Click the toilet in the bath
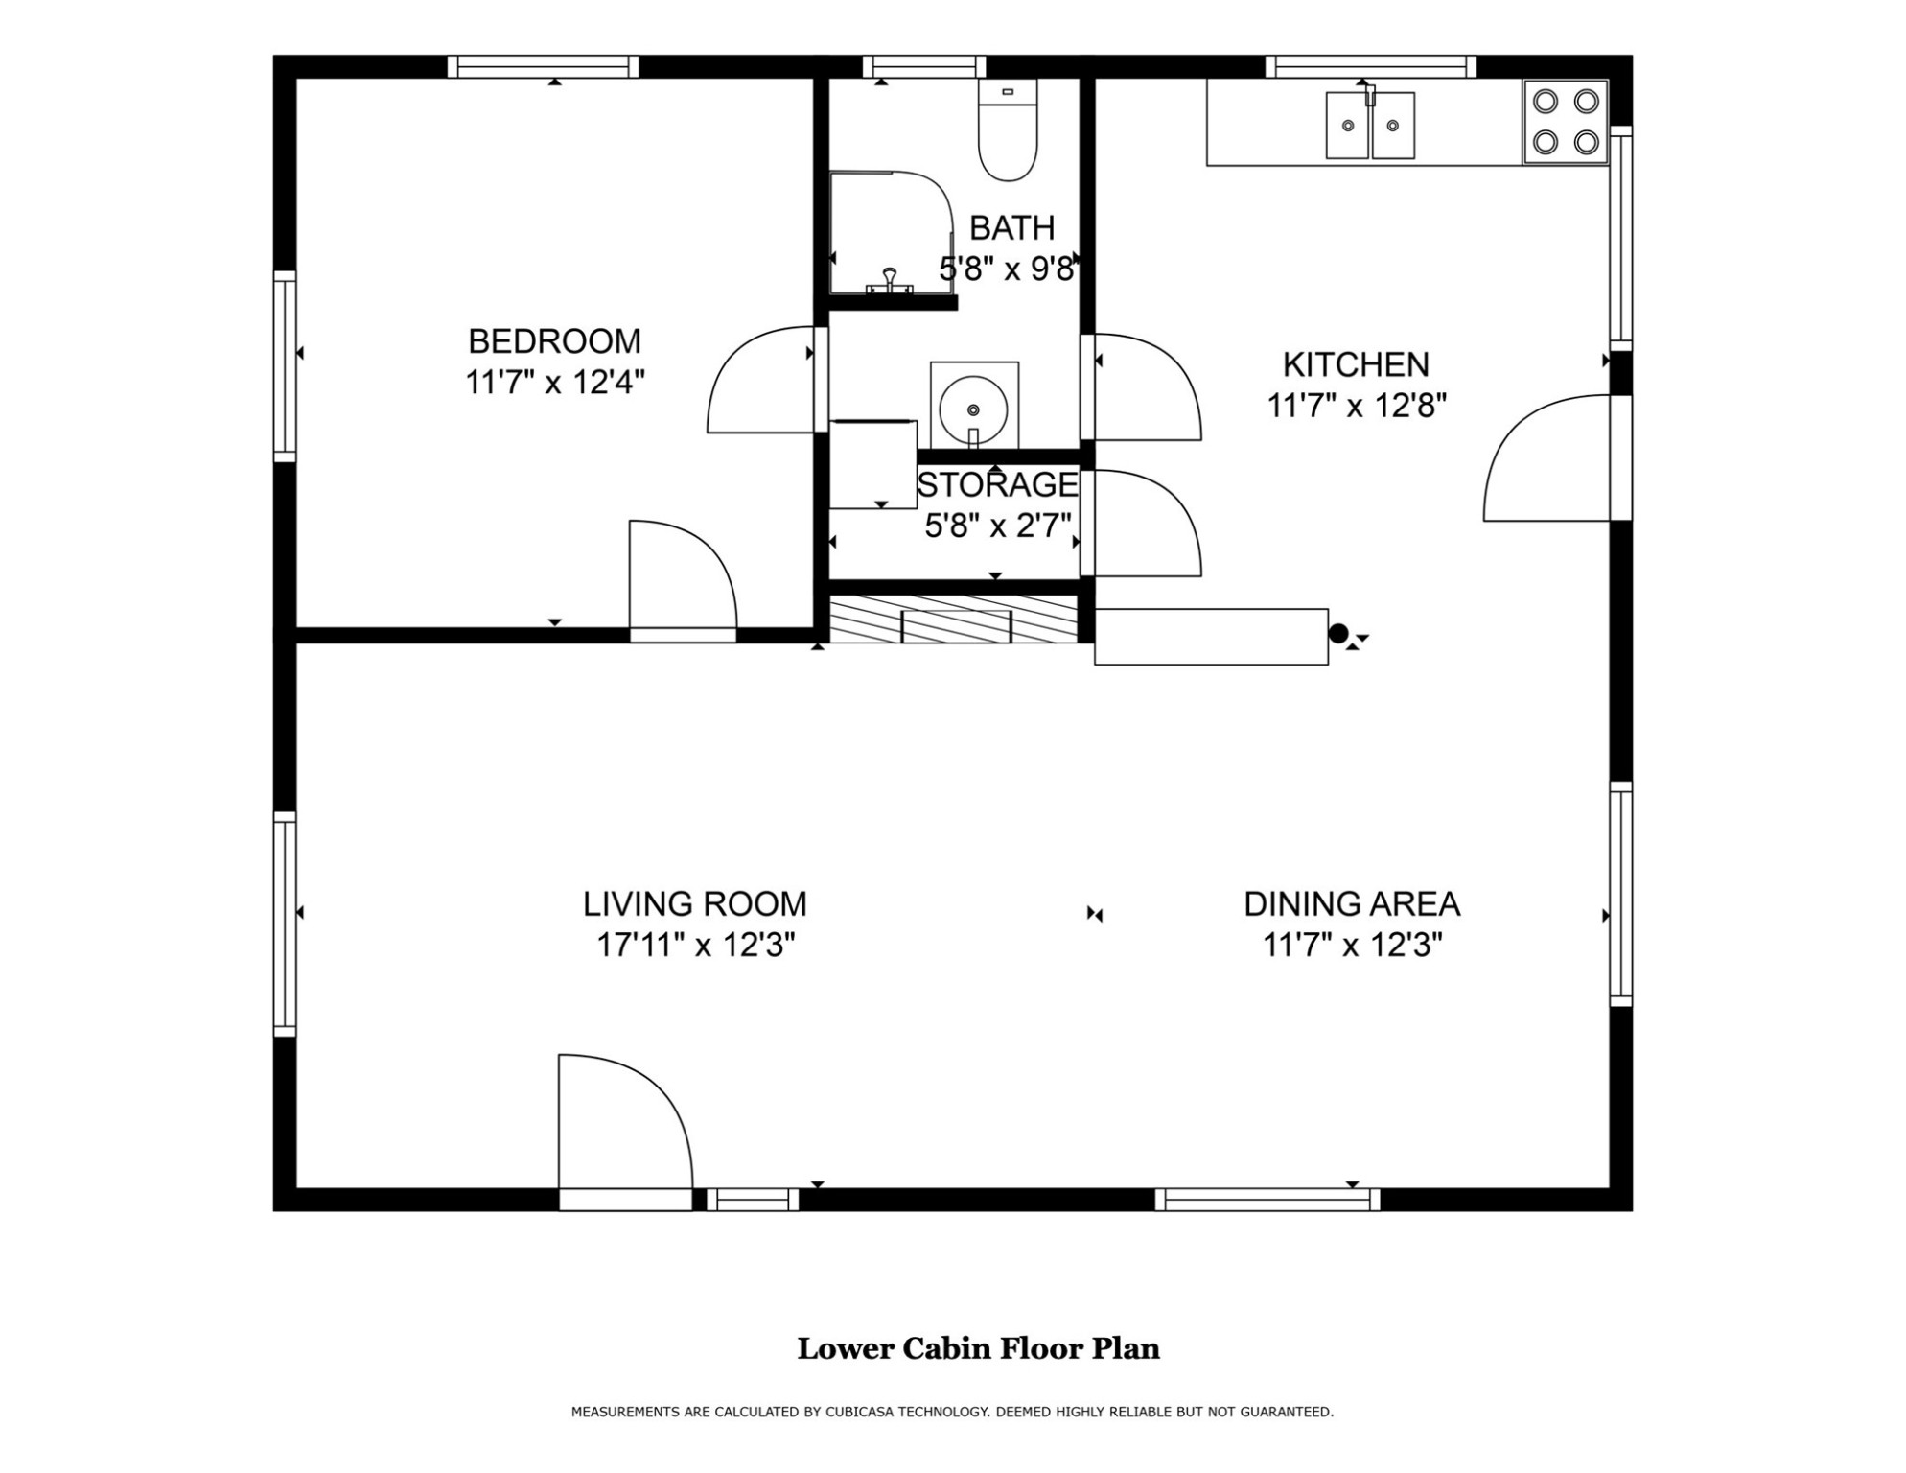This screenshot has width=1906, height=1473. [x=1007, y=133]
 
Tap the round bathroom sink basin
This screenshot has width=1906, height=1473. [x=973, y=409]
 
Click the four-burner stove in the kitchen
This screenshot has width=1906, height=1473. [x=1565, y=122]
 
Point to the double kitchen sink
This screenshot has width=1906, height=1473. [x=1370, y=125]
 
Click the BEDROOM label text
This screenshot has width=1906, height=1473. [x=554, y=341]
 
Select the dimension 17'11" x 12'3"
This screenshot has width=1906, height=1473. [x=696, y=946]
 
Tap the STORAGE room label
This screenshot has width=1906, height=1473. [x=997, y=485]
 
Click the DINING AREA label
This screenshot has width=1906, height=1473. [x=1352, y=904]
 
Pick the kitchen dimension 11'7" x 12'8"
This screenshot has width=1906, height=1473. [x=1356, y=407]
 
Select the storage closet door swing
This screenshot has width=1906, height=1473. [x=1145, y=523]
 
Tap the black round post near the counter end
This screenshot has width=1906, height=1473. [x=1338, y=633]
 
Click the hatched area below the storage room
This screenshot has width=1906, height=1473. [x=955, y=620]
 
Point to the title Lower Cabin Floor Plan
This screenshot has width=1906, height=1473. [x=978, y=1348]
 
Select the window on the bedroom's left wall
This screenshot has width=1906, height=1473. [x=285, y=366]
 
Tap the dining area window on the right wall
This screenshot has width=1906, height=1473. [x=1620, y=894]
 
